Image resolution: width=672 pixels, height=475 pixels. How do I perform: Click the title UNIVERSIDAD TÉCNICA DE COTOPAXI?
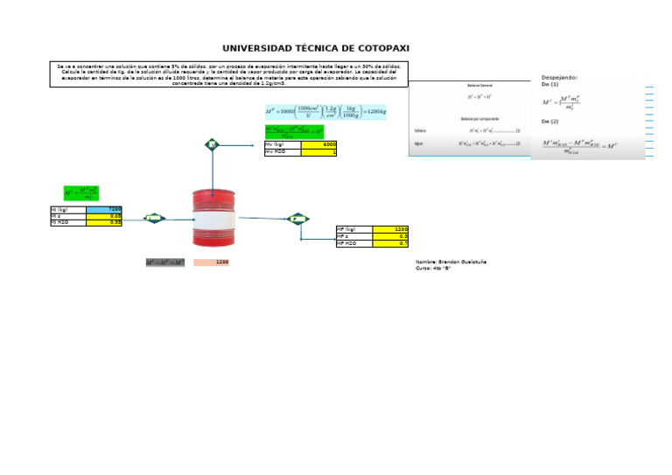[315, 49]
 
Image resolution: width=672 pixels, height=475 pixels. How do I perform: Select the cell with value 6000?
[319, 144]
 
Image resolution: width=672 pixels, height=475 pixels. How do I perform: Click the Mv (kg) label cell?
[282, 144]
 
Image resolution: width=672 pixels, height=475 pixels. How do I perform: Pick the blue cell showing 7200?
[103, 209]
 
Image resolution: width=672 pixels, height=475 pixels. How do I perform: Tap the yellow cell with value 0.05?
[103, 216]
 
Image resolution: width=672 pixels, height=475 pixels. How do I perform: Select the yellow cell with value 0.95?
[103, 223]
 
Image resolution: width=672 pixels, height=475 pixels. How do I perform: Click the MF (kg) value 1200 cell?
[390, 229]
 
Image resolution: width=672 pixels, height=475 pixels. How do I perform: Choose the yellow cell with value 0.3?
[390, 236]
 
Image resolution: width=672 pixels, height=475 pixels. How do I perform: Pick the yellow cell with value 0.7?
[390, 243]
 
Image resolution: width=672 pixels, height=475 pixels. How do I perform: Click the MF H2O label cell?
[353, 243]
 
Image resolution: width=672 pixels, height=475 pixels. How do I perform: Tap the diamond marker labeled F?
[298, 218]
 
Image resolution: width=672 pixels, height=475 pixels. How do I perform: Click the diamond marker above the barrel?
[212, 143]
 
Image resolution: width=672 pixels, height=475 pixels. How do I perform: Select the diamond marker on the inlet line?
[155, 218]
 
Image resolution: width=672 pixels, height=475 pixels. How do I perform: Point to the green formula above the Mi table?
[81, 192]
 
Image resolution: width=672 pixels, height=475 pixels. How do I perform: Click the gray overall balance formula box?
[165, 262]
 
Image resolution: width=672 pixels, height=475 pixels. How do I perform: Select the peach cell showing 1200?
[213, 262]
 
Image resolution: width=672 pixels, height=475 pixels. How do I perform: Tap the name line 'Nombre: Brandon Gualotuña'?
[451, 262]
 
